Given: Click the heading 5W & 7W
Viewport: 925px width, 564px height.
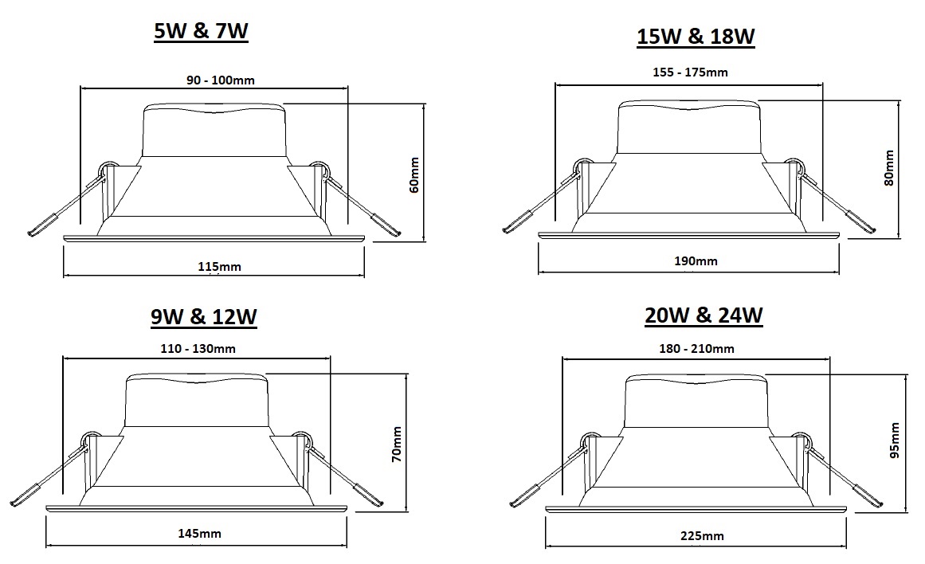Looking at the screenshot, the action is pos(201,31).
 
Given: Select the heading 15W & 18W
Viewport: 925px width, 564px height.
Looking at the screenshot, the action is pos(696,37).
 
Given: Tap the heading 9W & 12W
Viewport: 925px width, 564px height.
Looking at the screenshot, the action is pos(203,317).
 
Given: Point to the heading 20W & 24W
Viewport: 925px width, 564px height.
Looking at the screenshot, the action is pos(704,315).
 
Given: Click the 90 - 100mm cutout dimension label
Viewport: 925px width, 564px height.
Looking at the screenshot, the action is pos(221,80).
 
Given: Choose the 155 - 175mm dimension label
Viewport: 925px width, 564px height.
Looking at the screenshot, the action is pos(690,72).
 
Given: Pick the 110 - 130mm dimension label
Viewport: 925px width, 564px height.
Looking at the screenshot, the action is pos(198,349).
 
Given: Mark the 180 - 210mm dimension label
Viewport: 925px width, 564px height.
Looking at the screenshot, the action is pos(696,349).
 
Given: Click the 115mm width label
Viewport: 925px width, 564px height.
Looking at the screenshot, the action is pos(219,267).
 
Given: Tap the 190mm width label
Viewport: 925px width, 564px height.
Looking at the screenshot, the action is pos(696,260).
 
